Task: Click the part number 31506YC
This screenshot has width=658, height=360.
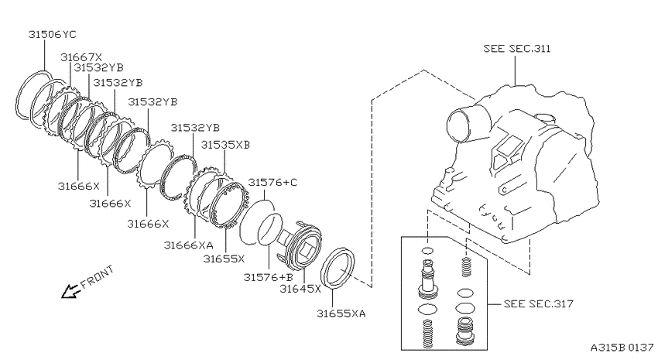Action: pos(52,34)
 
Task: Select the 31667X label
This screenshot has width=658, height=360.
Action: pos(81,57)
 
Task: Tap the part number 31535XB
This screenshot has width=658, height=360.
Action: pos(225,145)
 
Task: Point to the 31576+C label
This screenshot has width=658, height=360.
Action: pos(272,182)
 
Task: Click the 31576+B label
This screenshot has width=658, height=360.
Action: pos(268,277)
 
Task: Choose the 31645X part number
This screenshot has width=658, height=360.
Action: pos(300,289)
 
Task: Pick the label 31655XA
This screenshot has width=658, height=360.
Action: pos(341,314)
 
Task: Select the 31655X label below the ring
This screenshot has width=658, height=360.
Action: pos(224,259)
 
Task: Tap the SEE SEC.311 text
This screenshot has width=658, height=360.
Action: pos(517,49)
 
